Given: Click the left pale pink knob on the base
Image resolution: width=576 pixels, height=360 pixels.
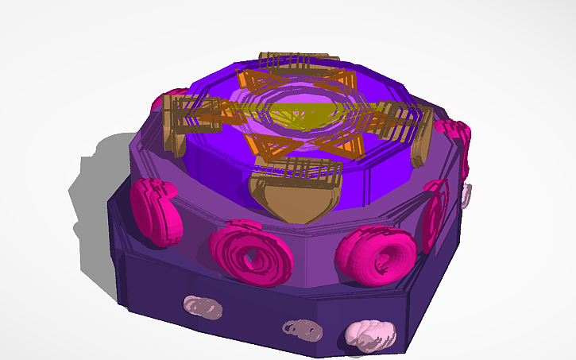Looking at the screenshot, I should point(200,306).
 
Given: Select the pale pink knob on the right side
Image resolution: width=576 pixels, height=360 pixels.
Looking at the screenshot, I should point(466,192).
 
